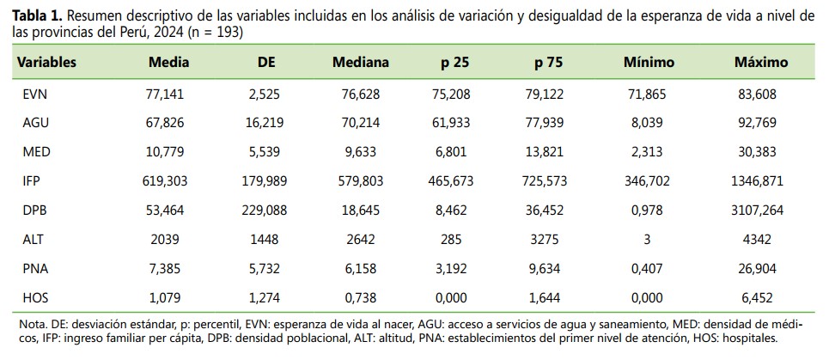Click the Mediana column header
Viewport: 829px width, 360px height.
pos(361,63)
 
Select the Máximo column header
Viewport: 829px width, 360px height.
pos(761,63)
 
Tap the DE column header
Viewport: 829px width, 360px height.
pos(267,63)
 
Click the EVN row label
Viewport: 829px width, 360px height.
pos(33,95)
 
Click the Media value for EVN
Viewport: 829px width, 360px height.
pos(164,95)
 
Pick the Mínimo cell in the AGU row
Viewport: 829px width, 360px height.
pos(649,124)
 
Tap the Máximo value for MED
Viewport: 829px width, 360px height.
pos(761,153)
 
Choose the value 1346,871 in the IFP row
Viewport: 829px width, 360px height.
pos(761,182)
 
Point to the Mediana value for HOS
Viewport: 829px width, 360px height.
pos(361,298)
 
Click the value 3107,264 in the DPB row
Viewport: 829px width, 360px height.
pos(761,211)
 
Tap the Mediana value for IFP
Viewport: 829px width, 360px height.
pos(361,182)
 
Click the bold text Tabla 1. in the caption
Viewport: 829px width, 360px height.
pos(33,15)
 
